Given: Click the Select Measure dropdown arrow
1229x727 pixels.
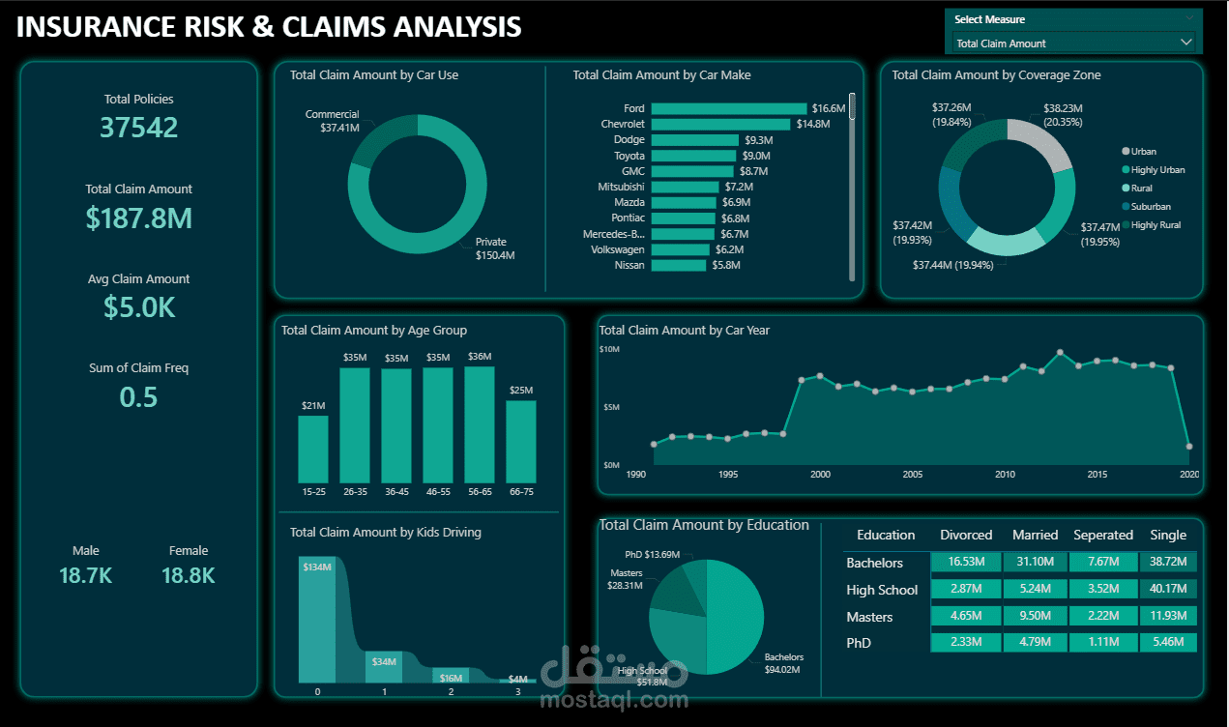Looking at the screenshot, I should pyautogui.click(x=1185, y=43).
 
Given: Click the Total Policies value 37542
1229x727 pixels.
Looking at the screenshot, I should pyautogui.click(x=138, y=128).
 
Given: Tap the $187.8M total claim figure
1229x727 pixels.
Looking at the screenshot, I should pyautogui.click(x=138, y=218).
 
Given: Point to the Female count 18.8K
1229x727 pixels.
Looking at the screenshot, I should pyautogui.click(x=188, y=576).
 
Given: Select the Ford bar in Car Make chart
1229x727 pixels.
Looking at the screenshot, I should pyautogui.click(x=728, y=108).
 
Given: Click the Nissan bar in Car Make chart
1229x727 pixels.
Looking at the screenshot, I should pyautogui.click(x=678, y=265).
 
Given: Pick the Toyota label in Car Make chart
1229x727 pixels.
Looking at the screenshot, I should pyautogui.click(x=629, y=156).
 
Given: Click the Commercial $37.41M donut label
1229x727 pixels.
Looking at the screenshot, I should pyautogui.click(x=333, y=121).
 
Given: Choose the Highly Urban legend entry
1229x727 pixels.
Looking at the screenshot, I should pyautogui.click(x=1157, y=170).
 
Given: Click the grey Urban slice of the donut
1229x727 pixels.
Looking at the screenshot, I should pyautogui.click(x=1040, y=143).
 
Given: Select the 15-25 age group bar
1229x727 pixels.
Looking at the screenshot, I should pyautogui.click(x=313, y=450).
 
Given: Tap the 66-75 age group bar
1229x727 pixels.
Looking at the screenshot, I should pyautogui.click(x=521, y=442).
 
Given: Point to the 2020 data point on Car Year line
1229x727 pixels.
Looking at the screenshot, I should pyautogui.click(x=1189, y=447).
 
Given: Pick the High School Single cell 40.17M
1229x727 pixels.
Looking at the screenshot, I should pyautogui.click(x=1168, y=590).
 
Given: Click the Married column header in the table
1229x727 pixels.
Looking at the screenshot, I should pyautogui.click(x=1035, y=536).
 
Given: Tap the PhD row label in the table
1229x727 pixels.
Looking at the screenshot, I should pyautogui.click(x=859, y=643).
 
